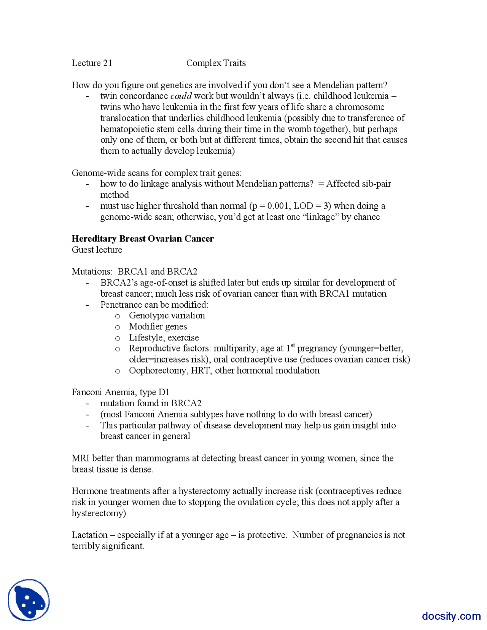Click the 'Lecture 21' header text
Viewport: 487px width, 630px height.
coord(92,63)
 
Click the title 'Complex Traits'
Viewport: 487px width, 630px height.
coord(216,63)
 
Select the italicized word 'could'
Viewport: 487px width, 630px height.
coord(181,96)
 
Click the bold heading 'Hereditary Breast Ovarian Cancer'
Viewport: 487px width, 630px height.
coord(143,239)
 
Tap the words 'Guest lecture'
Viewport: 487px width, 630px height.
coord(97,250)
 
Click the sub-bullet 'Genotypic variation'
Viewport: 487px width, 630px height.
coord(167,316)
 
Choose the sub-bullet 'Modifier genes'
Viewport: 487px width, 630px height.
coord(158,327)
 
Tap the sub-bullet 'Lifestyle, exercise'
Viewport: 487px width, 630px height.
coord(164,338)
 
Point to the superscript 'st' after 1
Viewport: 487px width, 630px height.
coord(293,345)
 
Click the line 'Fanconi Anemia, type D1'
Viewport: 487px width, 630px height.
coord(121,393)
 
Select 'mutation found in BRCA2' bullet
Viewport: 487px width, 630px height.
coord(151,404)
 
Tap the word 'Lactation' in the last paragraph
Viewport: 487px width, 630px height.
coord(89,536)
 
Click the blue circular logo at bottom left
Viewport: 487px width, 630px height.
coord(29,600)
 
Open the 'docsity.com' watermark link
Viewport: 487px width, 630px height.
coord(451,616)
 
